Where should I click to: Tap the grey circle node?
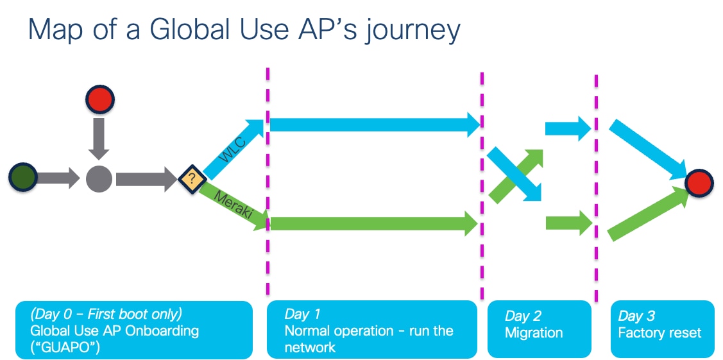click(x=99, y=179)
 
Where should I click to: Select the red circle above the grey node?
click(x=99, y=99)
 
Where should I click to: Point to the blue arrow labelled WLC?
click(x=233, y=149)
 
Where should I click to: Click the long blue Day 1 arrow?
click(x=375, y=124)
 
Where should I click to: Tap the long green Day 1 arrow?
click(x=374, y=224)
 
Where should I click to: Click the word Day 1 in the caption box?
click(x=303, y=314)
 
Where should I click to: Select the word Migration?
click(x=534, y=333)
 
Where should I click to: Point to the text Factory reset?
click(x=659, y=332)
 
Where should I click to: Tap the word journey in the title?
click(x=412, y=31)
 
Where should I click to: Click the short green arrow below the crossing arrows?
click(x=569, y=223)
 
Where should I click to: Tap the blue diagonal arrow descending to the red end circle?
click(x=647, y=150)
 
